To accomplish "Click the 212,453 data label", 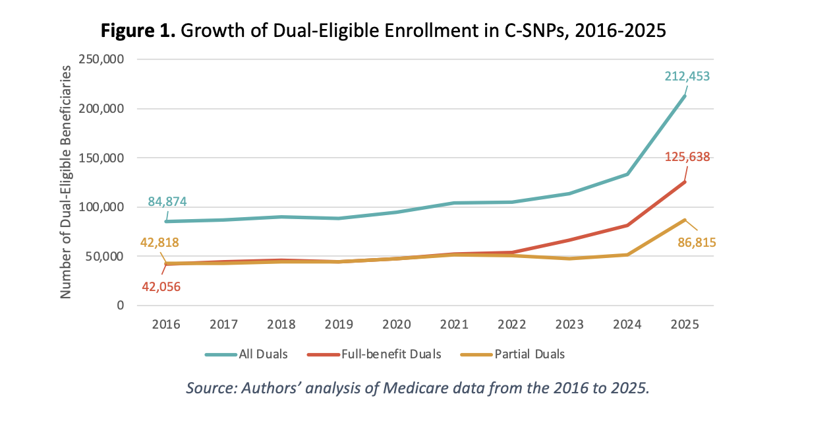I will click(x=687, y=77).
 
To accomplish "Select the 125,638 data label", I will click(x=687, y=157).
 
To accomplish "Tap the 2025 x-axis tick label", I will click(x=684, y=325).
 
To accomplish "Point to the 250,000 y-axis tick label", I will click(x=102, y=59).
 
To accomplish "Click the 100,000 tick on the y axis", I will click(x=102, y=207).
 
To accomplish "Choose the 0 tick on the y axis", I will click(x=119, y=306).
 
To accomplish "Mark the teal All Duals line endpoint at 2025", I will click(x=685, y=96).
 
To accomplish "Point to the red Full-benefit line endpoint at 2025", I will click(x=685, y=181).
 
